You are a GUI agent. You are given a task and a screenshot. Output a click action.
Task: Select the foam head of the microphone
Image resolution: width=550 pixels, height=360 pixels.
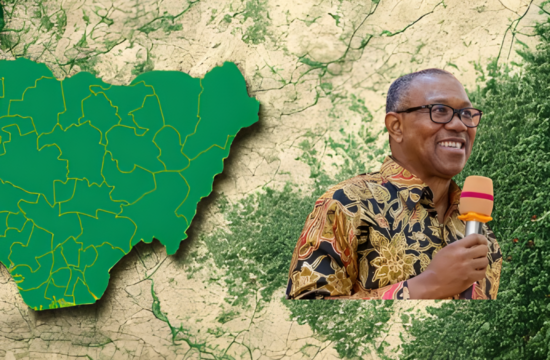476,193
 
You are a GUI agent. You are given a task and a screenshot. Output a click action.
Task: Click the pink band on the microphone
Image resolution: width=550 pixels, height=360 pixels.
476,196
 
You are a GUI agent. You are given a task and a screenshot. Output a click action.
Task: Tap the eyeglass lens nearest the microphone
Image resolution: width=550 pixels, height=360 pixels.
468,116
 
